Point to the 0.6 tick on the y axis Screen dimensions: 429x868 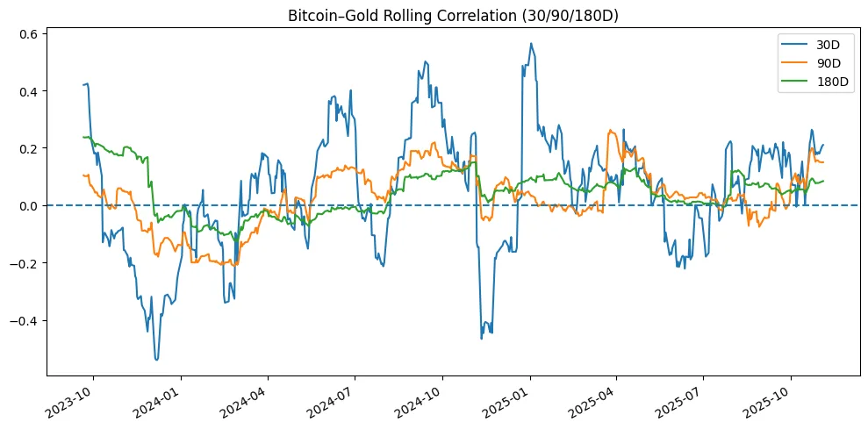point(28,33)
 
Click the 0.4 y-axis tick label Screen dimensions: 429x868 point(28,91)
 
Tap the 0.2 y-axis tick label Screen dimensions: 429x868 point(28,148)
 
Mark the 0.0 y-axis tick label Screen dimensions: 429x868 point(28,205)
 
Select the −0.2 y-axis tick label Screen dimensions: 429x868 point(25,263)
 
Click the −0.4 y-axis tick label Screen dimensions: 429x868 point(25,320)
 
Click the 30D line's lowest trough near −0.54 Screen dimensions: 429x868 point(156,360)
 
